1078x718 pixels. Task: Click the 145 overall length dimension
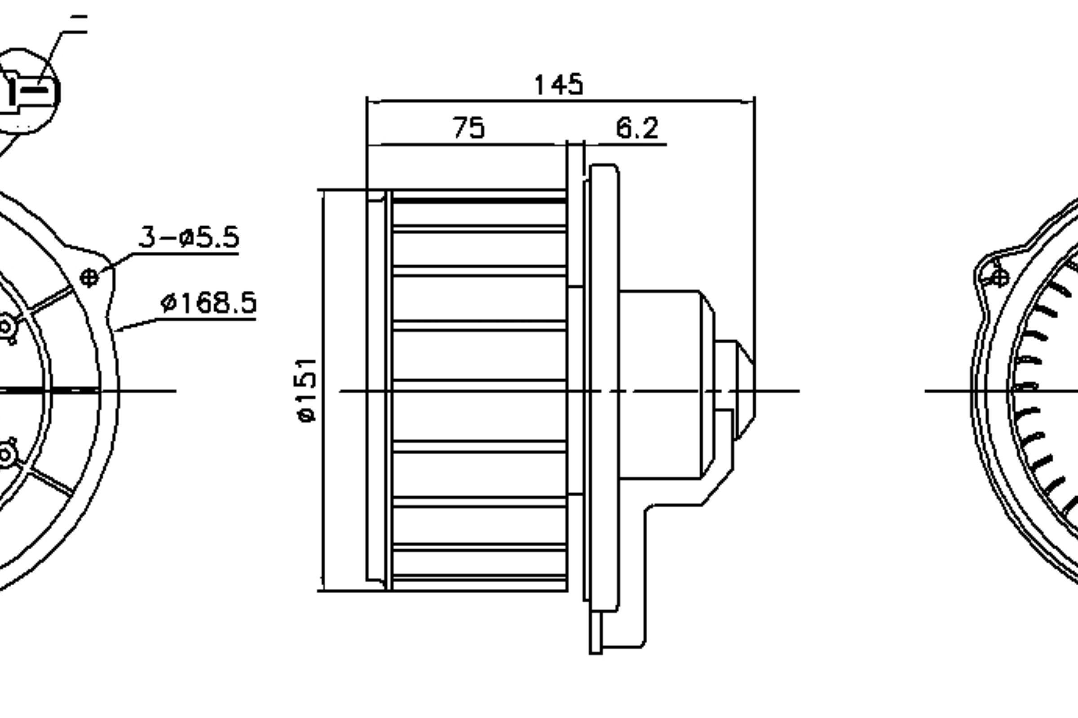559,85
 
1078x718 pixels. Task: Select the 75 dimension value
468,128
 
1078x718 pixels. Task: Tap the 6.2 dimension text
637,128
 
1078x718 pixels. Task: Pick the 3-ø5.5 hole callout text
189,237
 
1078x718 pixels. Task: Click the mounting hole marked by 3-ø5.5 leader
89,278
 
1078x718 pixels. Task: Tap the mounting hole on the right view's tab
1000,277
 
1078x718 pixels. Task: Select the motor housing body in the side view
660,385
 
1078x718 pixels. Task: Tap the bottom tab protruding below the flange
596,632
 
